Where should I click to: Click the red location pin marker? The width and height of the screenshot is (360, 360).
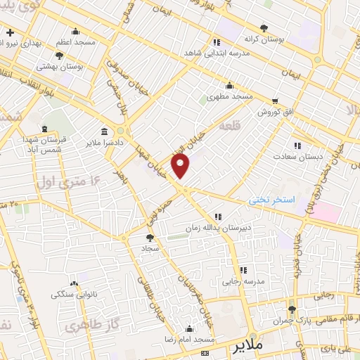tap(181, 166)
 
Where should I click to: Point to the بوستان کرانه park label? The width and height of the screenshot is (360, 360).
tap(263, 40)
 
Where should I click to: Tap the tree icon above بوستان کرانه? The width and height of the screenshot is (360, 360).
tap(264, 28)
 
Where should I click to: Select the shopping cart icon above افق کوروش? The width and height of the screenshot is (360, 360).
tap(274, 101)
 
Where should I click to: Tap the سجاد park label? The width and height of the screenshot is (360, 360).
tap(150, 249)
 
